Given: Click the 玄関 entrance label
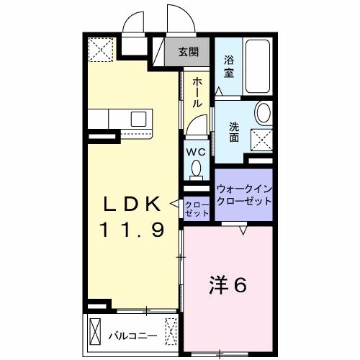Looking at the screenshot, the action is click(x=189, y=52).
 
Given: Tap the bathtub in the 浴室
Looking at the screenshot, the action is click(x=258, y=66).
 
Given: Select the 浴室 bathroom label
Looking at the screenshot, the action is click(x=229, y=66).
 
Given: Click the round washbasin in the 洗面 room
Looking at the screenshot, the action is click(x=264, y=113).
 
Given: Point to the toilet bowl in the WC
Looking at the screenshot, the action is click(x=197, y=167).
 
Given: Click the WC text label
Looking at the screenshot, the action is click(x=196, y=152).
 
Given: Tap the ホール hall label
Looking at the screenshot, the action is click(x=197, y=92).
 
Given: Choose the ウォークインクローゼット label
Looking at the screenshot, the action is click(x=244, y=195).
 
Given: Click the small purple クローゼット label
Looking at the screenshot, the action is click(x=197, y=210).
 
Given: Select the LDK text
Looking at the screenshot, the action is click(x=132, y=204).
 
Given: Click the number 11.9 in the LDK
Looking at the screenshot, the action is click(x=132, y=229).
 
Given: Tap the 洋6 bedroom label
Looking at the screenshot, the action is click(x=228, y=285).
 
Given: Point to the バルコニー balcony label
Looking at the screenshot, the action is click(x=133, y=336).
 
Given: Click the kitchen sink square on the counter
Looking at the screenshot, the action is click(x=138, y=119).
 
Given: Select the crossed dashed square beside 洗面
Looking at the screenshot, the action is click(x=261, y=140).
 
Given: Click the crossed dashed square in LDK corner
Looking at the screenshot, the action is click(x=101, y=50).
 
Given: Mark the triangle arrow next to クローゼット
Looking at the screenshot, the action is click(x=174, y=204).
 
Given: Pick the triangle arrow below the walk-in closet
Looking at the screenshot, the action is click(x=243, y=230).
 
